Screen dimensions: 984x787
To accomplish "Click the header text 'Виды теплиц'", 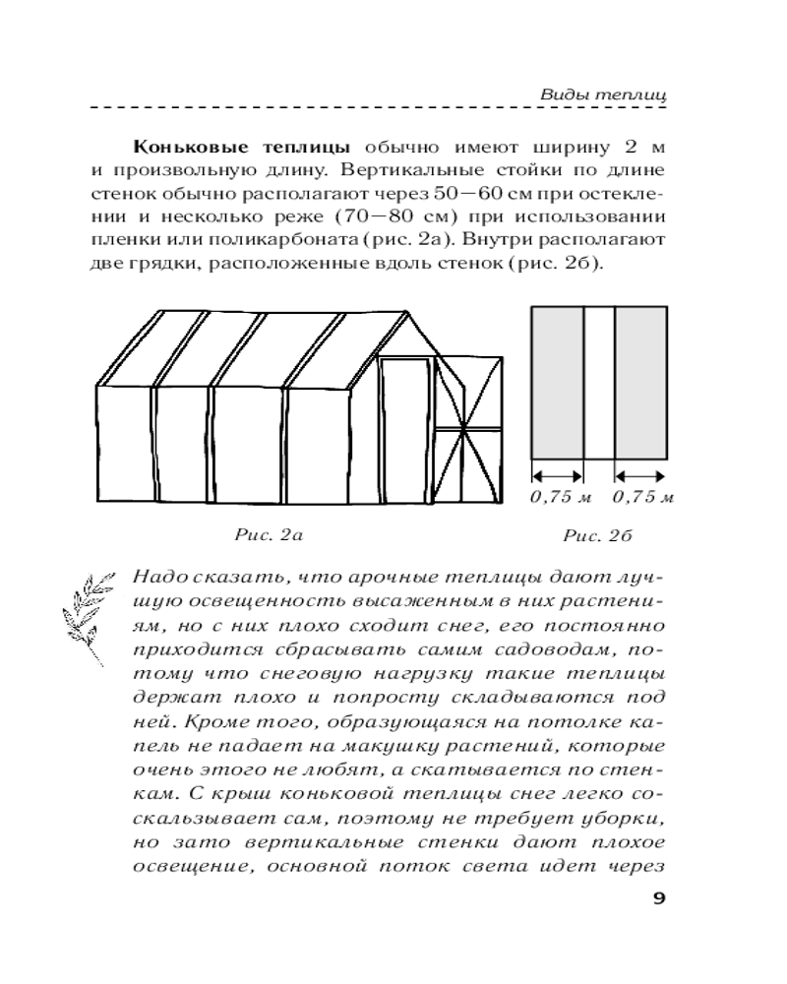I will [604, 94].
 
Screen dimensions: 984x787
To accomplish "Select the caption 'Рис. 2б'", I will [596, 536].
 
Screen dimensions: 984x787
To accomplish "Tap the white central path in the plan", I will [599, 382].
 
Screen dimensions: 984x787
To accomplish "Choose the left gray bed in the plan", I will [558, 382].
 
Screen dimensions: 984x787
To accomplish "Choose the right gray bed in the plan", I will [641, 382].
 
